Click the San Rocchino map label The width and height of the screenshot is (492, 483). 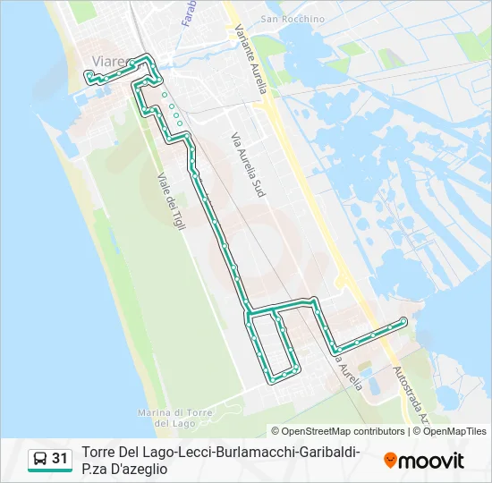coord(286,18)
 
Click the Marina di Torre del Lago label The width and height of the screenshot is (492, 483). coord(174,417)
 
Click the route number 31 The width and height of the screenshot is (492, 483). coord(60,459)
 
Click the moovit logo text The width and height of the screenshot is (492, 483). coord(430,461)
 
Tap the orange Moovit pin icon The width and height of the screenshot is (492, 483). coord(390,461)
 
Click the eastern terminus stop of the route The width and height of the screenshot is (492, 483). coord(404,320)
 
